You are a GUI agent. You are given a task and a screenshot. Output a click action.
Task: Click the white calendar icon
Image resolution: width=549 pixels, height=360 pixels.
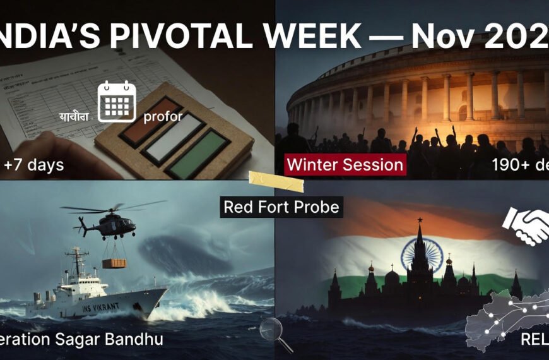(x=117, y=101)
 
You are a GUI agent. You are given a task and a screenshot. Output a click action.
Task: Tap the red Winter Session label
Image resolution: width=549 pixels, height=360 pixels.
(x=345, y=165)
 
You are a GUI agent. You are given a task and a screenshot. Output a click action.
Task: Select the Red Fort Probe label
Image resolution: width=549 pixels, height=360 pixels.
(x=281, y=207)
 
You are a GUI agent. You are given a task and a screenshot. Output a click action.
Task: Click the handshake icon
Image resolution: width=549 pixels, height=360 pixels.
(x=526, y=227)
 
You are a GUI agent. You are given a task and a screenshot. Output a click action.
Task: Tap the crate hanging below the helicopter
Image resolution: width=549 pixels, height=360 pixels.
(x=114, y=263)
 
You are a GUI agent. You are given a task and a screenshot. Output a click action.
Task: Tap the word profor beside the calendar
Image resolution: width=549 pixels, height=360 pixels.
(x=163, y=116)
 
